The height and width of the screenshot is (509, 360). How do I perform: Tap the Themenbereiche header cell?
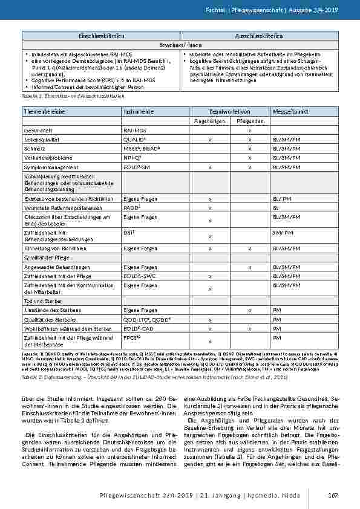point(42,112)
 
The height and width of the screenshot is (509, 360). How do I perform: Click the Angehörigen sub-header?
point(209,121)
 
